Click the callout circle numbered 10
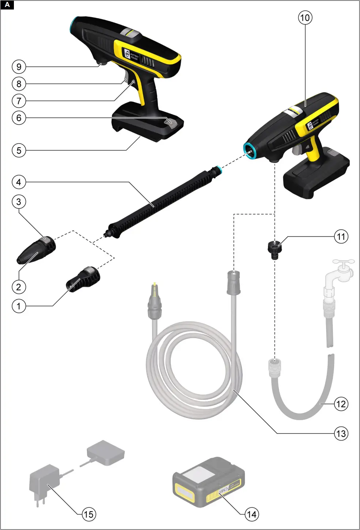pyautogui.click(x=305, y=18)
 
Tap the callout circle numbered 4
pyautogui.click(x=19, y=182)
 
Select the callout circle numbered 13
pyautogui.click(x=341, y=434)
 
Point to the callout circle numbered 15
pyautogui.click(x=88, y=514)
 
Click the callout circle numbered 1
pyautogui.click(x=19, y=306)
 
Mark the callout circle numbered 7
pyautogui.click(x=19, y=101)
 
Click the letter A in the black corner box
pyautogui.click(x=7, y=5)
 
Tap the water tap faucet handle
pyautogui.click(x=343, y=263)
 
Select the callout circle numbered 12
pyautogui.click(x=341, y=404)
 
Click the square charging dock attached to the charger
pyautogui.click(x=106, y=453)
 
